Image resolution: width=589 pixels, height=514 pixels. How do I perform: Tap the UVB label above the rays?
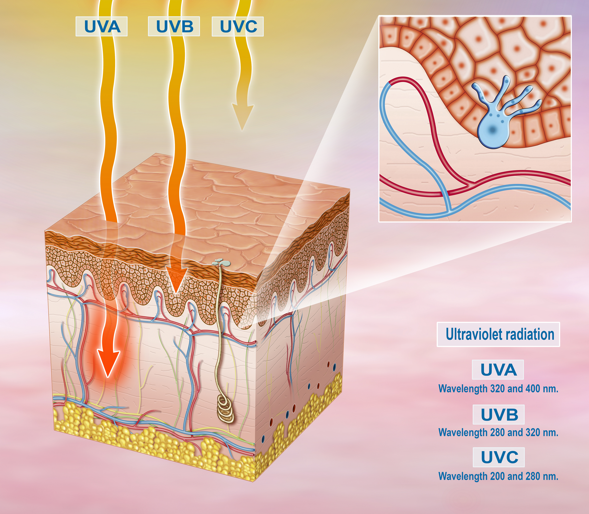(174, 26)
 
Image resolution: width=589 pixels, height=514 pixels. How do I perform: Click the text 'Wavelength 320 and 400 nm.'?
(499, 389)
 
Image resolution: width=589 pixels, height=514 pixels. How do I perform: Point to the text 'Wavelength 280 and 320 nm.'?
(499, 433)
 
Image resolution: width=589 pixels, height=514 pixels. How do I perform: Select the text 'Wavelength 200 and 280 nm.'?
(499, 476)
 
